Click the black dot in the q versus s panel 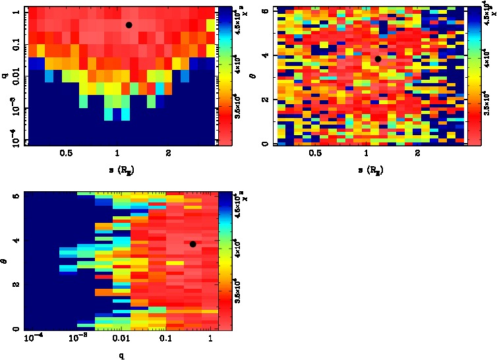click(x=129, y=25)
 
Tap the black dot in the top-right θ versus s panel click(x=378, y=59)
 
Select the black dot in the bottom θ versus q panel click(x=192, y=244)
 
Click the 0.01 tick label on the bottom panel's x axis click(x=121, y=339)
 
